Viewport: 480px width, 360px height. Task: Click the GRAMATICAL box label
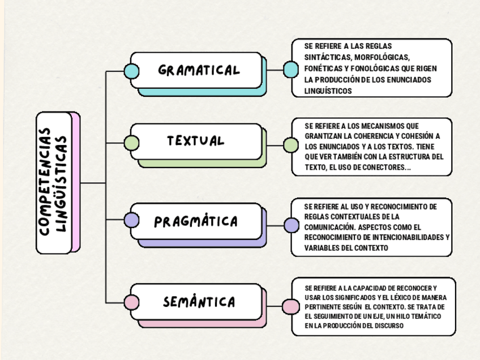[199, 71]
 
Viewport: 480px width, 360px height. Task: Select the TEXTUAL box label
[196, 141]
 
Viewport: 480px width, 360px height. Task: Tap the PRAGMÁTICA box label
[196, 221]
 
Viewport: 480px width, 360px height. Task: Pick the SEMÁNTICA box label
[199, 302]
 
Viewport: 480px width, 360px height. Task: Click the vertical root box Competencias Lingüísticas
[54, 182]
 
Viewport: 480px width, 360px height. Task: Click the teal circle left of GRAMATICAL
[131, 71]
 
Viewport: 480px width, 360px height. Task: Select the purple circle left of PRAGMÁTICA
[131, 220]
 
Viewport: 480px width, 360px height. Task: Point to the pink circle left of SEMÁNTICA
[131, 303]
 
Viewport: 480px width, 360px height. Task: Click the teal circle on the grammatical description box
[290, 70]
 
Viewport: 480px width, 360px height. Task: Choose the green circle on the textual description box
[290, 146]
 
